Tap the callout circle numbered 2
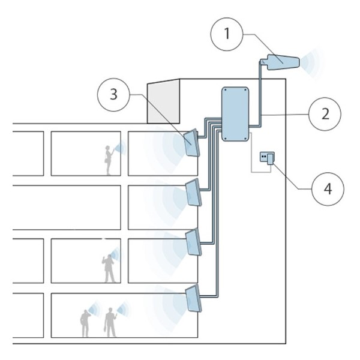coord(325,112)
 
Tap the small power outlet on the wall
coord(266,158)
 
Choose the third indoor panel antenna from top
coord(193,242)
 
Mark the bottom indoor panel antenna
coord(193,299)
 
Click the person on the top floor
coord(109,158)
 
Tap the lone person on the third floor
coord(109,268)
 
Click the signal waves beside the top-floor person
coord(122,148)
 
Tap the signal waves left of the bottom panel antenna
coord(170,298)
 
